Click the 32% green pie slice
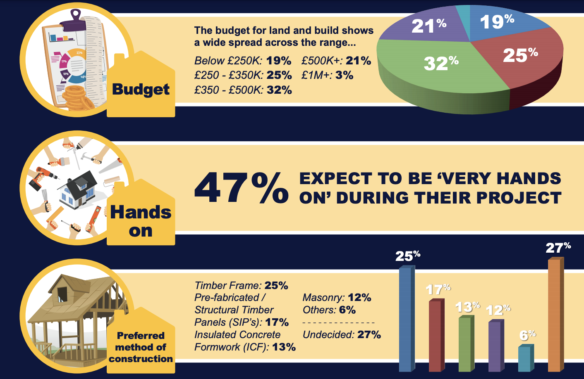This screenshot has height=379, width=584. click(438, 70)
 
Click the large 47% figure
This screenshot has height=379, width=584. click(241, 188)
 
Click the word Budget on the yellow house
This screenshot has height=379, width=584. click(141, 90)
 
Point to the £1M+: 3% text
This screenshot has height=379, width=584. click(327, 75)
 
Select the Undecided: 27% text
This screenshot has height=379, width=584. click(342, 334)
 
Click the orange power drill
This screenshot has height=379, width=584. click(41, 175)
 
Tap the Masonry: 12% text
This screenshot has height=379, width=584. click(337, 298)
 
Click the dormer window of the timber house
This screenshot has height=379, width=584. click(62, 293)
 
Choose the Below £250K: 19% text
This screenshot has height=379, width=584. click(243, 61)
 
